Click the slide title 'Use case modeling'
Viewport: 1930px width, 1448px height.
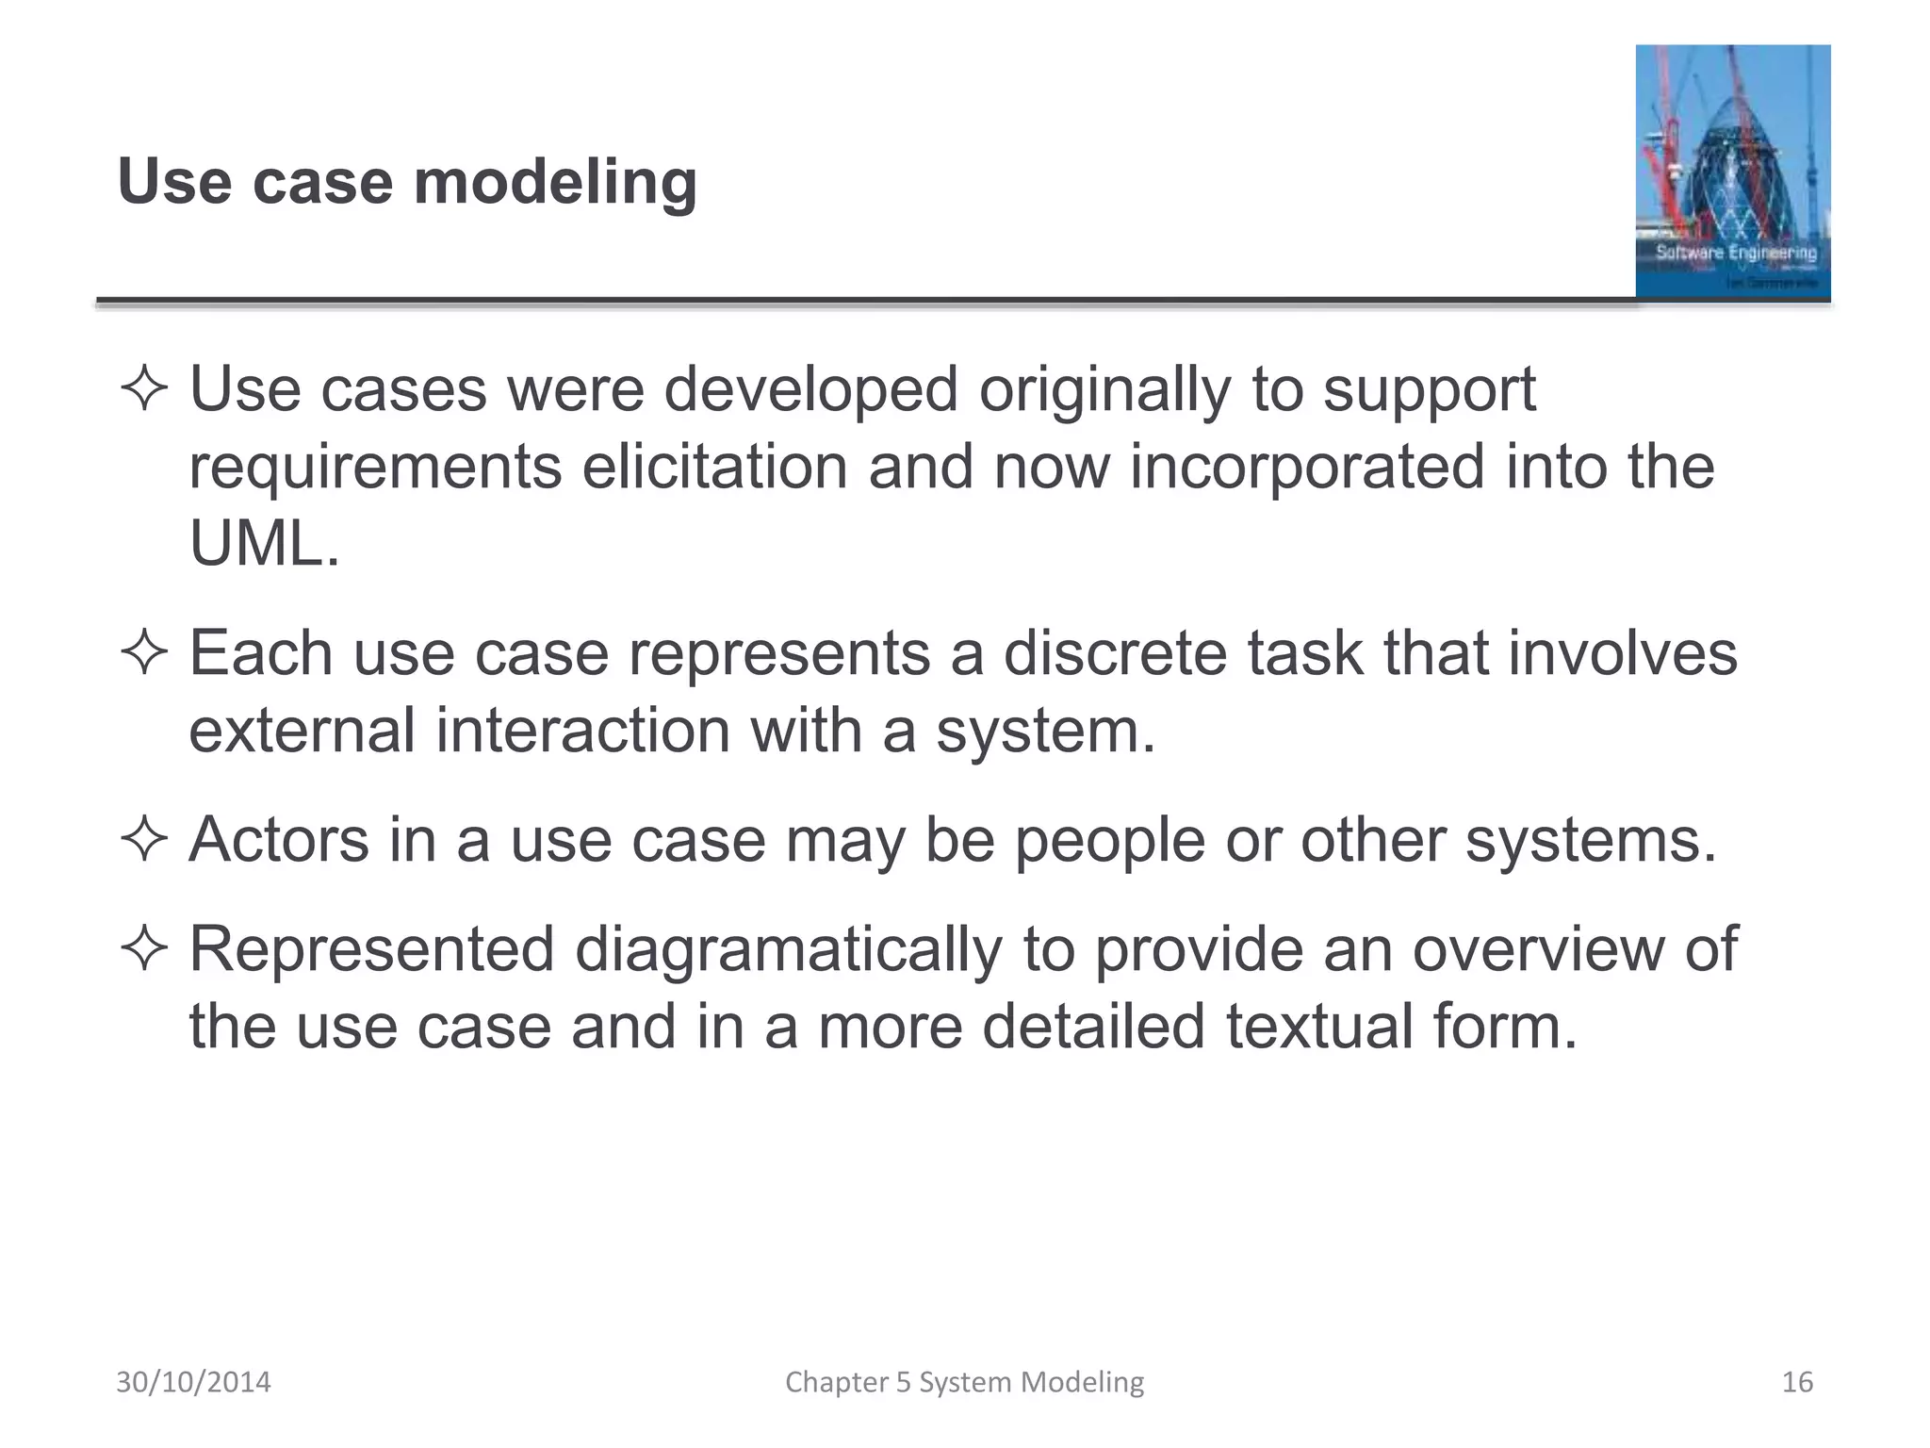pyautogui.click(x=407, y=181)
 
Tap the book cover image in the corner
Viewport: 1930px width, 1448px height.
pyautogui.click(x=1732, y=172)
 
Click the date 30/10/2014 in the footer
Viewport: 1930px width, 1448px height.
pyautogui.click(x=193, y=1382)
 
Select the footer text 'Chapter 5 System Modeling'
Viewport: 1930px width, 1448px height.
pyautogui.click(x=964, y=1382)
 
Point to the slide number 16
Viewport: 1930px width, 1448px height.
pyautogui.click(x=1797, y=1382)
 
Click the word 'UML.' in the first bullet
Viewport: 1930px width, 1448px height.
pyautogui.click(x=264, y=545)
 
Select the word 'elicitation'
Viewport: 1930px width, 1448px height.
pyautogui.click(x=714, y=468)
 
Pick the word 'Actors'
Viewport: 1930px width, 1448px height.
pyautogui.click(x=279, y=840)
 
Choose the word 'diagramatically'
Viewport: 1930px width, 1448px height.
pyautogui.click(x=789, y=949)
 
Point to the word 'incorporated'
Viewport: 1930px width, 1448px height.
pyautogui.click(x=1307, y=468)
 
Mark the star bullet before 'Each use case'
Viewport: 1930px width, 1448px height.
pyautogui.click(x=144, y=653)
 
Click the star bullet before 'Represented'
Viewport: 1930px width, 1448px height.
pyautogui.click(x=144, y=949)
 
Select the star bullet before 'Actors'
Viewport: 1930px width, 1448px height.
pyautogui.click(x=144, y=839)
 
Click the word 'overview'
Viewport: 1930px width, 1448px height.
pyautogui.click(x=1538, y=949)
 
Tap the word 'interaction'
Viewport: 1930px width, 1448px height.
pyautogui.click(x=582, y=731)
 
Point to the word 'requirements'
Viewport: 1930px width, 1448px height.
pyautogui.click(x=375, y=469)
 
